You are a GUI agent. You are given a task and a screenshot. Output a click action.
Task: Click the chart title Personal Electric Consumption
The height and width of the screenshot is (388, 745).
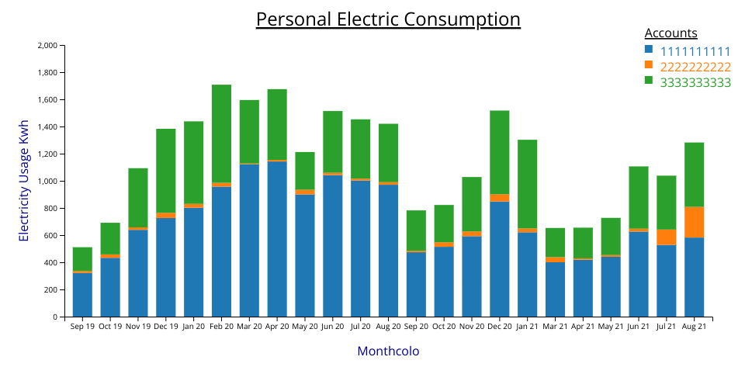point(388,19)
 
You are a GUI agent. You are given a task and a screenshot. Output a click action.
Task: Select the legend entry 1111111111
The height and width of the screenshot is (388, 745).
point(695,51)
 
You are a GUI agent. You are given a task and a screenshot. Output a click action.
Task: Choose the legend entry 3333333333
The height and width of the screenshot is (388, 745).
point(695,82)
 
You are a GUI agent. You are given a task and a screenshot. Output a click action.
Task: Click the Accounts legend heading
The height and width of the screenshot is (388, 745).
point(670,33)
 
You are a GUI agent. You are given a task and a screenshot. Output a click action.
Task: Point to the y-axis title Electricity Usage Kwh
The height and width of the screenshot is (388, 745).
point(24,181)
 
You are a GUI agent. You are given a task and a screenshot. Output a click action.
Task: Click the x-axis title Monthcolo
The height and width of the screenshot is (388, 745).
point(388,352)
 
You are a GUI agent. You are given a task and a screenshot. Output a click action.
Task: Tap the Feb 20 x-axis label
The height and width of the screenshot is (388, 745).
point(221,327)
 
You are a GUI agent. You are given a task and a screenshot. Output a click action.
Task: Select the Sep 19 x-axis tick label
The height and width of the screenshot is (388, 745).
point(82,327)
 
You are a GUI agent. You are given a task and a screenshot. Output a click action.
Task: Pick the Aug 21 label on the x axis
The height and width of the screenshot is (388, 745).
point(694,327)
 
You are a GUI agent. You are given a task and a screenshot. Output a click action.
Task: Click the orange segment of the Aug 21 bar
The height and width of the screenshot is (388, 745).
point(694,222)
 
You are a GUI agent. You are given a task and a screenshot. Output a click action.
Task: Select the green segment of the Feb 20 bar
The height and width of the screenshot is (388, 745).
point(221,133)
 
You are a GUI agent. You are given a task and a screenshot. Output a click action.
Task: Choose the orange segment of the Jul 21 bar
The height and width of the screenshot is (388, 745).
point(666,237)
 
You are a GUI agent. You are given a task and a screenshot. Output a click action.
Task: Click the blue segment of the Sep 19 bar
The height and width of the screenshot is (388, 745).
point(82,295)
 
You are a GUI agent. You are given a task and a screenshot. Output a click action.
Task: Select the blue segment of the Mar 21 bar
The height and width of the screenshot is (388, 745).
point(555,289)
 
